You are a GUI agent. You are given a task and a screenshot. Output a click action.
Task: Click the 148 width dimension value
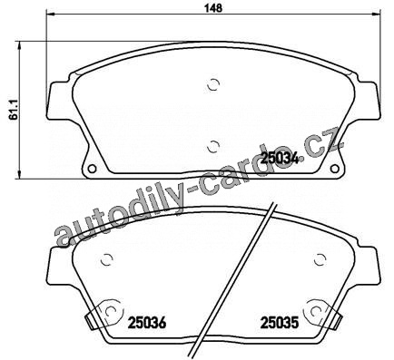(x=213, y=8)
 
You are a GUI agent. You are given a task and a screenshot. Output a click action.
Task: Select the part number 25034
(x=280, y=158)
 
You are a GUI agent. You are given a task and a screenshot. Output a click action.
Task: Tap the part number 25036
(x=147, y=323)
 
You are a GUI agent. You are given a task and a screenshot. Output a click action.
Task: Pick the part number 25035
(x=280, y=323)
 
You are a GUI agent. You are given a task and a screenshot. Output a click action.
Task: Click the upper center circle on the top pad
(x=213, y=84)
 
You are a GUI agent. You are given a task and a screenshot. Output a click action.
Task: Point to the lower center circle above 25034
(x=213, y=147)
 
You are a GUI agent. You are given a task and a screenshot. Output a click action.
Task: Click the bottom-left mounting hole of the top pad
(x=92, y=169)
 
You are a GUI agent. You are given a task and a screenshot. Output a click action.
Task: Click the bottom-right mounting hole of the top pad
(x=335, y=169)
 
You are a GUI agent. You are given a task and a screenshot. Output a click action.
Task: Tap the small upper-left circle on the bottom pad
(x=106, y=259)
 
